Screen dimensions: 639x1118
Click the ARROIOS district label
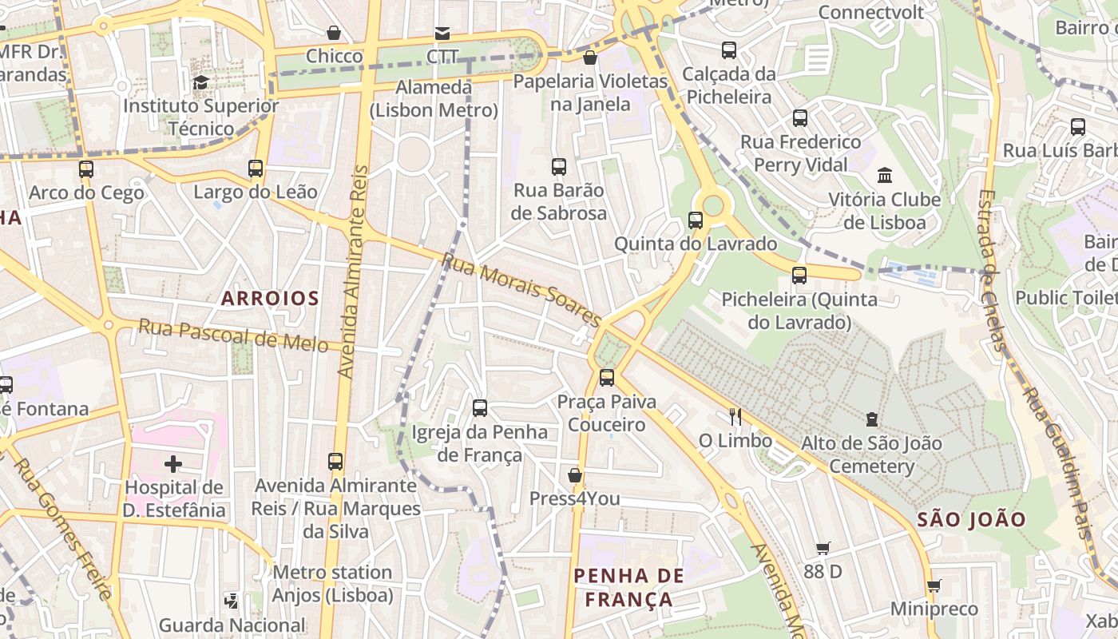point(270,299)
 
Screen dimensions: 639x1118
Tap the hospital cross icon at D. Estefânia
point(173,463)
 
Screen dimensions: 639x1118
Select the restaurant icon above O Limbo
point(735,416)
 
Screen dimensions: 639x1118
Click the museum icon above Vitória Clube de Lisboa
point(885,175)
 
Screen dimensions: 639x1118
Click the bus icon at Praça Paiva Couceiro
point(607,377)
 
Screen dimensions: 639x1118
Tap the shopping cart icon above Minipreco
point(934,585)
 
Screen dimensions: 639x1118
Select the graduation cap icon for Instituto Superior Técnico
point(200,82)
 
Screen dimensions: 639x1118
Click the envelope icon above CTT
point(442,33)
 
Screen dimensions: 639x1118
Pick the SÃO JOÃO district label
point(971,519)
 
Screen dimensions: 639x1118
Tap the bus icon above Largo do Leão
point(256,169)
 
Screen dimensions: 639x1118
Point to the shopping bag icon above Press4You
point(574,475)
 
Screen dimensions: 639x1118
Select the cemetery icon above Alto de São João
point(872,419)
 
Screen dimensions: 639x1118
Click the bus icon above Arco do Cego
point(86,169)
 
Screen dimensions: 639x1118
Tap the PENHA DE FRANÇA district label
point(629,588)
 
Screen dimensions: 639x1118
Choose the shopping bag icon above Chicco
point(334,33)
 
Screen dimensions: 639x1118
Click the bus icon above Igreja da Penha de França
point(480,408)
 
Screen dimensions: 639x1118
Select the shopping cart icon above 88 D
point(823,548)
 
